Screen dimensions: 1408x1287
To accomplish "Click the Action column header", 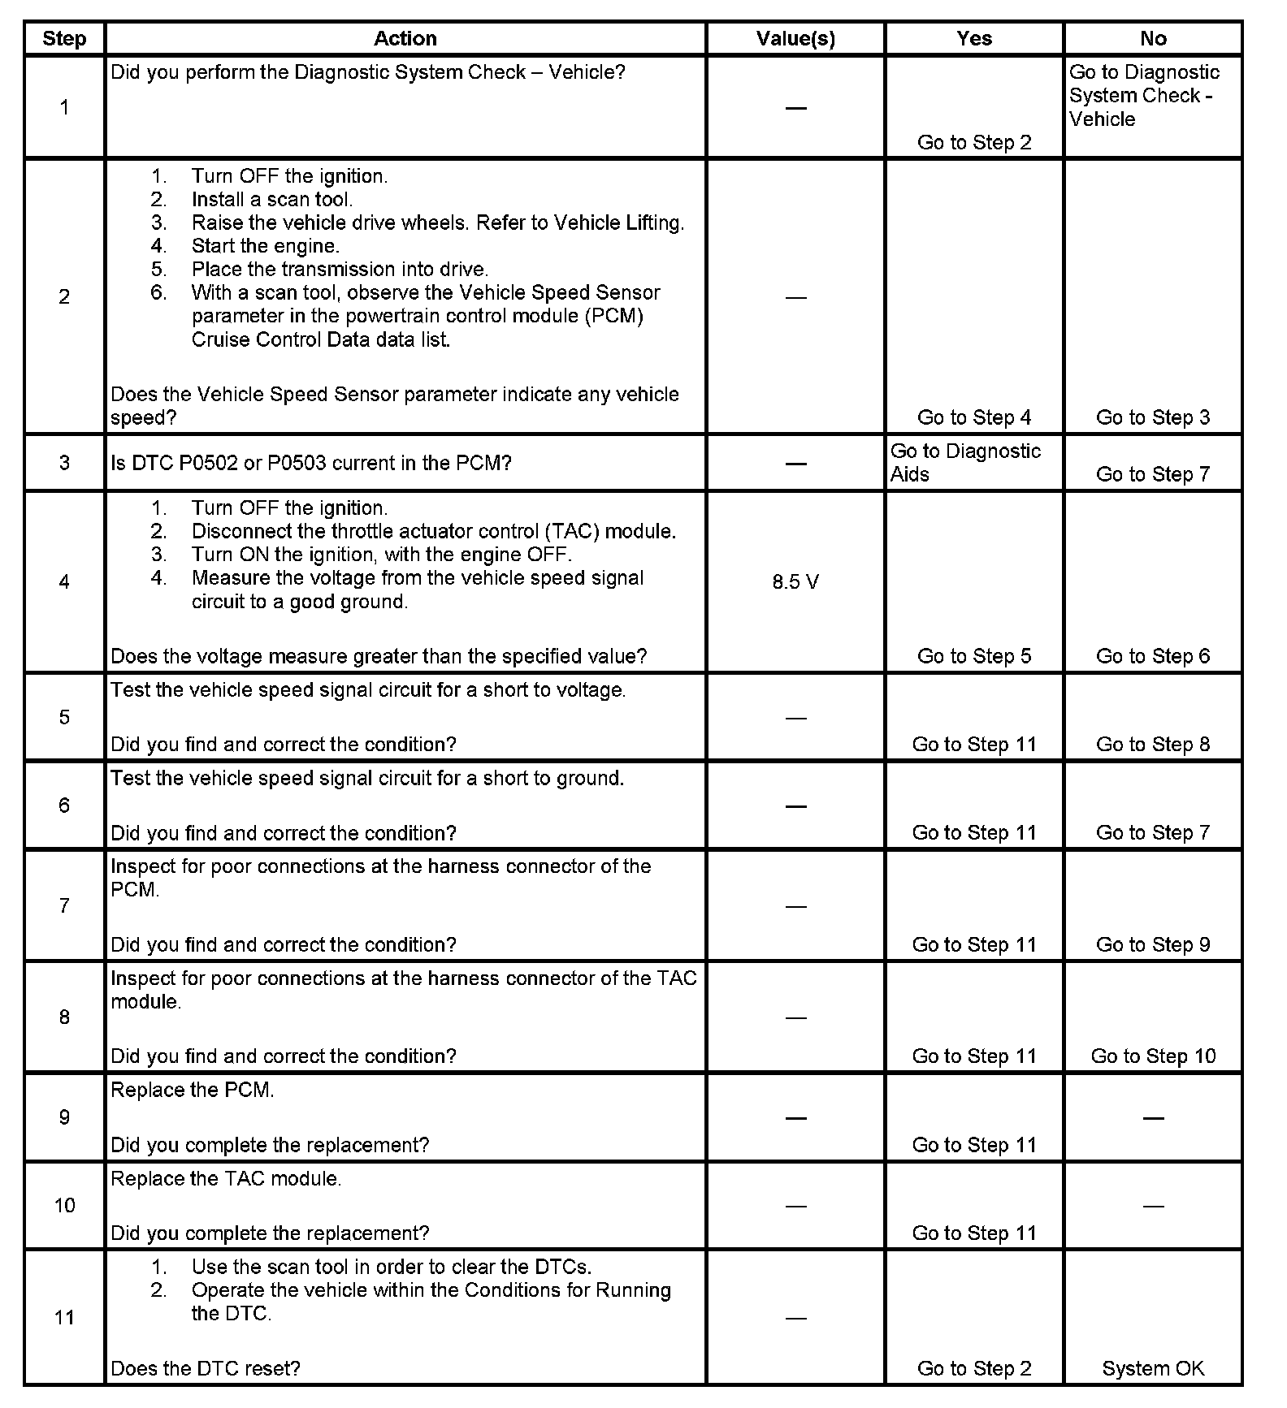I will point(405,38).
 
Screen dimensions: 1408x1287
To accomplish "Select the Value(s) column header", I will point(795,38).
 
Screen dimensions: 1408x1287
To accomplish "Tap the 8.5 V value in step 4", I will point(795,582).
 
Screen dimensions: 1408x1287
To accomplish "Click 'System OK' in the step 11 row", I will point(1153,1368).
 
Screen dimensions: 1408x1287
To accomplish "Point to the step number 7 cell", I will point(64,905).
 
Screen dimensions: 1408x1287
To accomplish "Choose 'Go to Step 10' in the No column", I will point(1153,1056).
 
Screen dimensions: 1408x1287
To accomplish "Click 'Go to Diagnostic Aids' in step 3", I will point(965,463).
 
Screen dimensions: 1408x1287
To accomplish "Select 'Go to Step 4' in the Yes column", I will point(973,417).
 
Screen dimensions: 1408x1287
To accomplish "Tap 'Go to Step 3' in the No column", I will point(1153,417).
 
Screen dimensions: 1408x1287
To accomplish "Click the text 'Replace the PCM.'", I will point(193,1090).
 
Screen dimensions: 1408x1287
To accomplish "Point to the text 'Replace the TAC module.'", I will point(226,1178).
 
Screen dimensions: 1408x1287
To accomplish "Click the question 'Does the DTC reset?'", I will point(206,1368).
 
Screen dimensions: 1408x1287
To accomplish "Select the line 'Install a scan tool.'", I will point(272,200).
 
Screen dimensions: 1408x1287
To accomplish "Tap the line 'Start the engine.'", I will point(266,246).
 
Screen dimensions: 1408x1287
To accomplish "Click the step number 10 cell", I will point(64,1205).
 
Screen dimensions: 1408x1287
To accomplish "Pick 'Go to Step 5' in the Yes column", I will point(973,656).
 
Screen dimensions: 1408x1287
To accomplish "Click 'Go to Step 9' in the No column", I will point(1153,944).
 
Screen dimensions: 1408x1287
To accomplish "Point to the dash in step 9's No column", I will point(1153,1118).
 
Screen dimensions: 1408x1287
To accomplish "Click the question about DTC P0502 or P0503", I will point(311,463).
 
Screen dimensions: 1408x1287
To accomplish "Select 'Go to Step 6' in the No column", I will point(1153,656).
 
